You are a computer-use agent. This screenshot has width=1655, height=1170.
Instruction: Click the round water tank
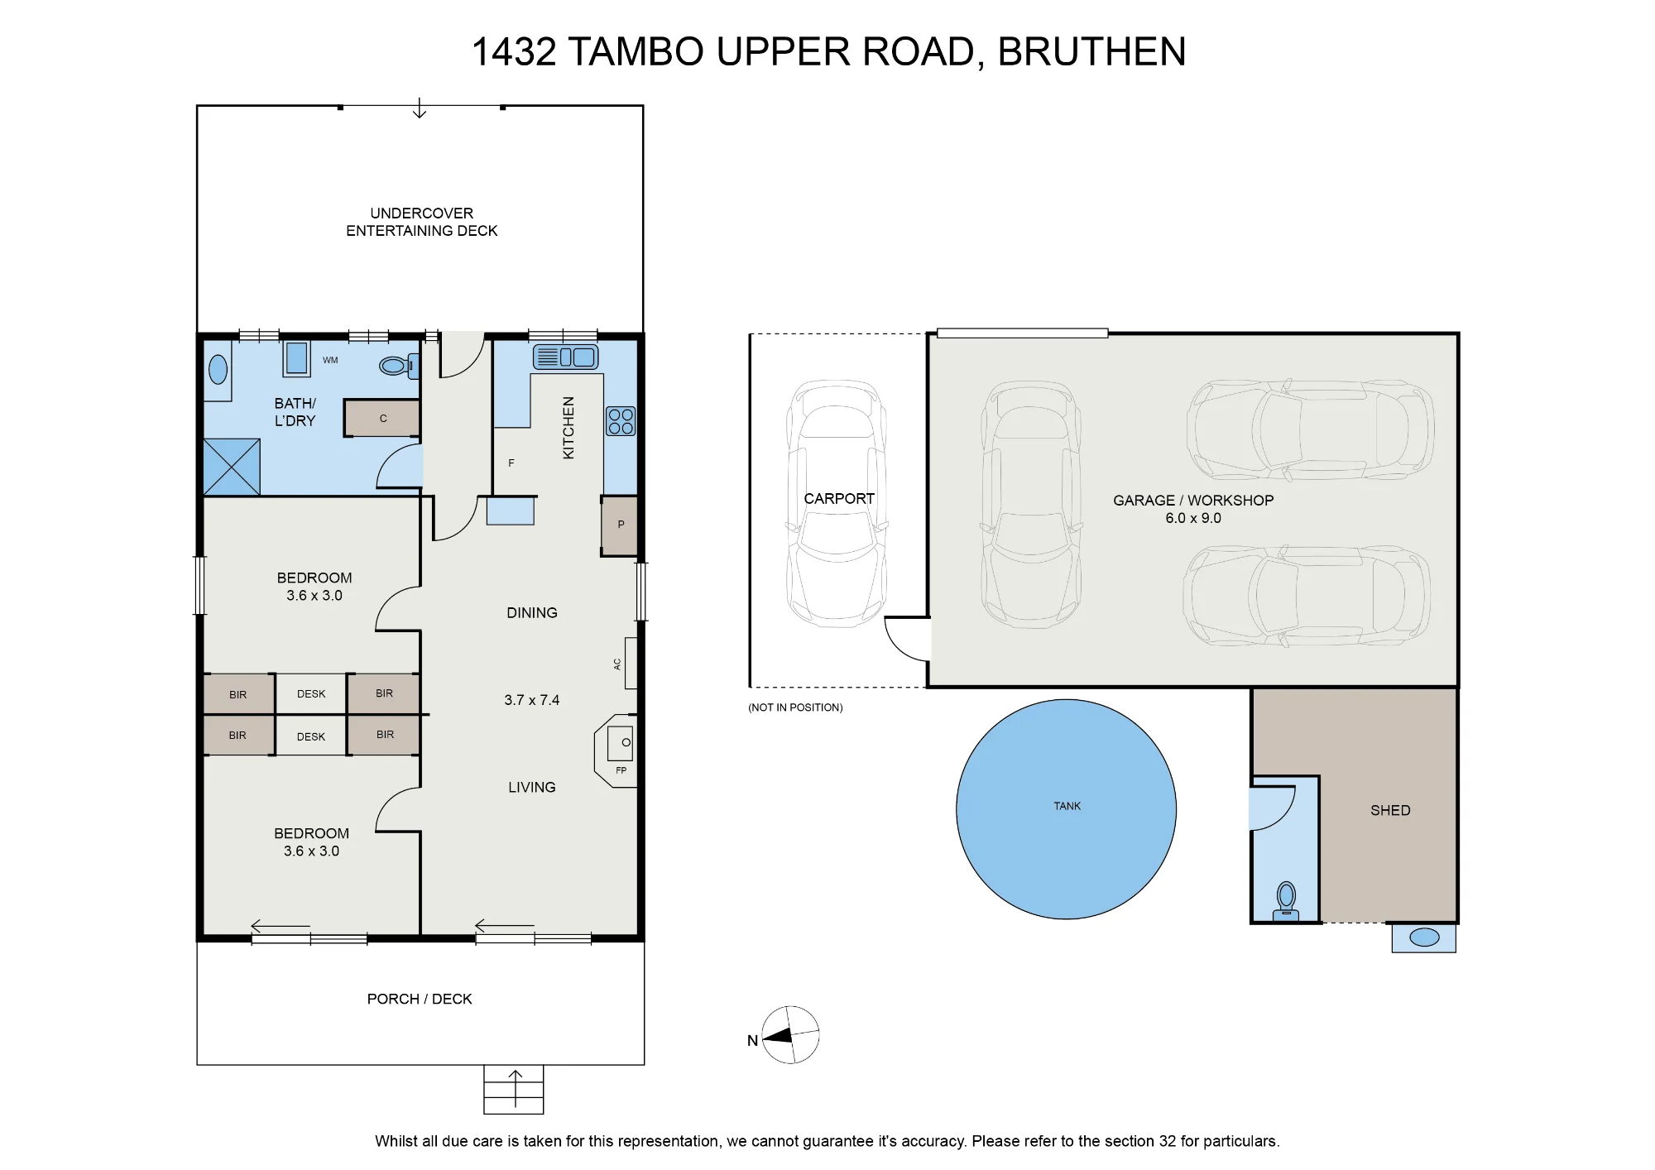coord(1066,809)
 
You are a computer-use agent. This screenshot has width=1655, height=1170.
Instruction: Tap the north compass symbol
coord(790,1035)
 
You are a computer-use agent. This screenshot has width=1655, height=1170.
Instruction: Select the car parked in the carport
coord(837,503)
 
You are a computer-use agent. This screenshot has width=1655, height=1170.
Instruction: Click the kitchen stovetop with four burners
coord(621,421)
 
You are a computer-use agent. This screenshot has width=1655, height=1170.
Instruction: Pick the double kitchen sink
coord(565,357)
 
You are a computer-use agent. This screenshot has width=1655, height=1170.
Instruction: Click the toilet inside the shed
coord(1285,900)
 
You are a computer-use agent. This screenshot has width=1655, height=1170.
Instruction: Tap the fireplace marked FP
coord(616,751)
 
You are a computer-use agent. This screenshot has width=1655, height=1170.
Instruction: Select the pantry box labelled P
coord(620,525)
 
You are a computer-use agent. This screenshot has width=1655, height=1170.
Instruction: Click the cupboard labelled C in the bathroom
coord(382,419)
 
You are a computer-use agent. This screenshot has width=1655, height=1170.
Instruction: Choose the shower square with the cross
coord(232,468)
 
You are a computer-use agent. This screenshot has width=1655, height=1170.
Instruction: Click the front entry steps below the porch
coord(514,1089)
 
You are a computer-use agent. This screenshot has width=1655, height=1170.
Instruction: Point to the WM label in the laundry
coord(330,360)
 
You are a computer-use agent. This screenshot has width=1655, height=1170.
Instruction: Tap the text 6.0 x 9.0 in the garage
coord(1193,518)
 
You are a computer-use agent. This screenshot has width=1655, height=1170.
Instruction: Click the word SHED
coord(1390,811)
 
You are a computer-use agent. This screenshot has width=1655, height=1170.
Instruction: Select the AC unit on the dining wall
coord(631,664)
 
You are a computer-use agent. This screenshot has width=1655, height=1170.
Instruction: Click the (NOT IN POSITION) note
coord(795,707)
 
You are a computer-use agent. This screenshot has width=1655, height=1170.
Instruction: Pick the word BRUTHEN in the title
coord(1091,51)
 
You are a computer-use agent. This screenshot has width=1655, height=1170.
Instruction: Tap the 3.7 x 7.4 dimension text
coord(532,700)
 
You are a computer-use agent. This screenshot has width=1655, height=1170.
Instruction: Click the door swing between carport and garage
coord(907,639)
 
